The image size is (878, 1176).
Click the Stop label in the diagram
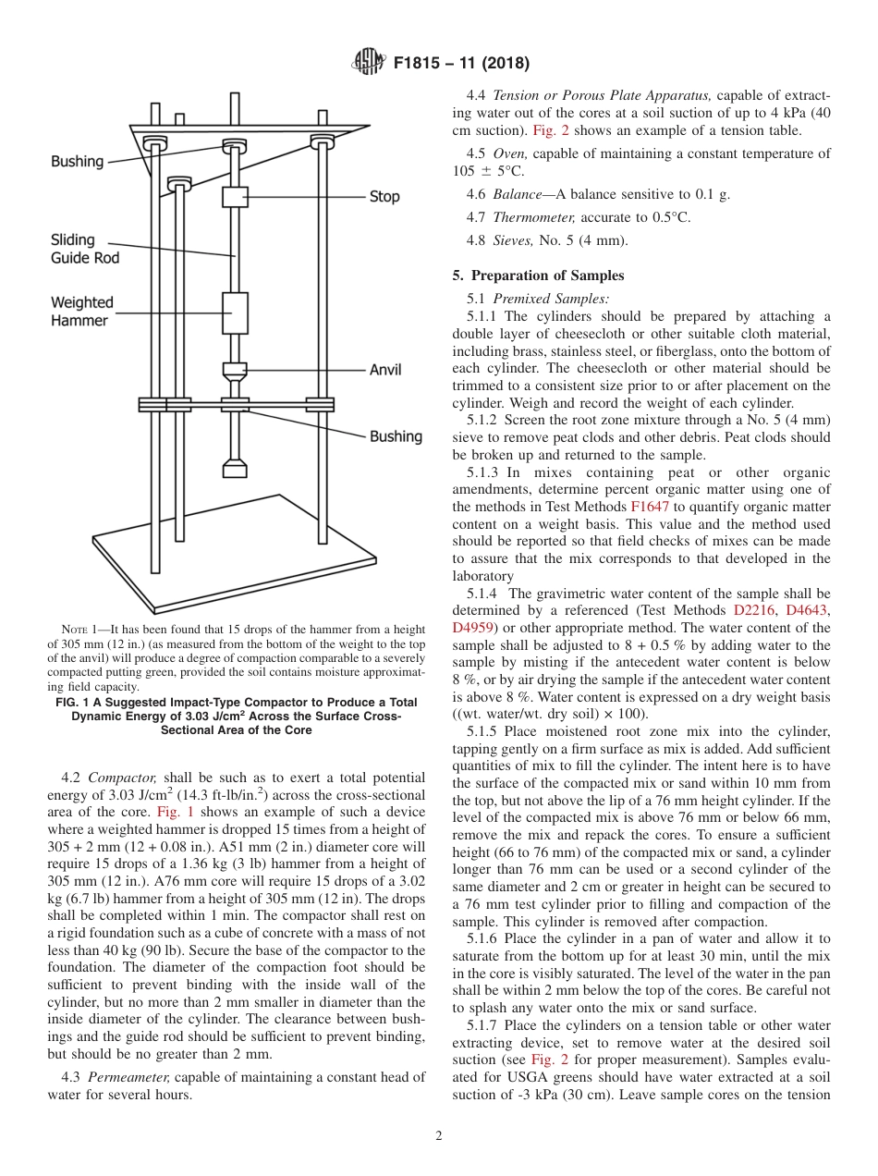pos(384,197)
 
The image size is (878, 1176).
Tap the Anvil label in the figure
pos(385,370)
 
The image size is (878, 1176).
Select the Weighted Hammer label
pos(82,312)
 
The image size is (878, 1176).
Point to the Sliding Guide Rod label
pos(85,250)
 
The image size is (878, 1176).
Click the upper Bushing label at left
pos(77,162)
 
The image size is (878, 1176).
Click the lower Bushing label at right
pos(396,436)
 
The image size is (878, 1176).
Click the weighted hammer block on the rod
pos(235,312)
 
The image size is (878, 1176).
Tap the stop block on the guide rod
pos(235,197)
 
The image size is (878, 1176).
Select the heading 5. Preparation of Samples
pos(538,276)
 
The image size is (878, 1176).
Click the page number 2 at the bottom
pos(439,1136)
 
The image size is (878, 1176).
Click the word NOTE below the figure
pos(75,629)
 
